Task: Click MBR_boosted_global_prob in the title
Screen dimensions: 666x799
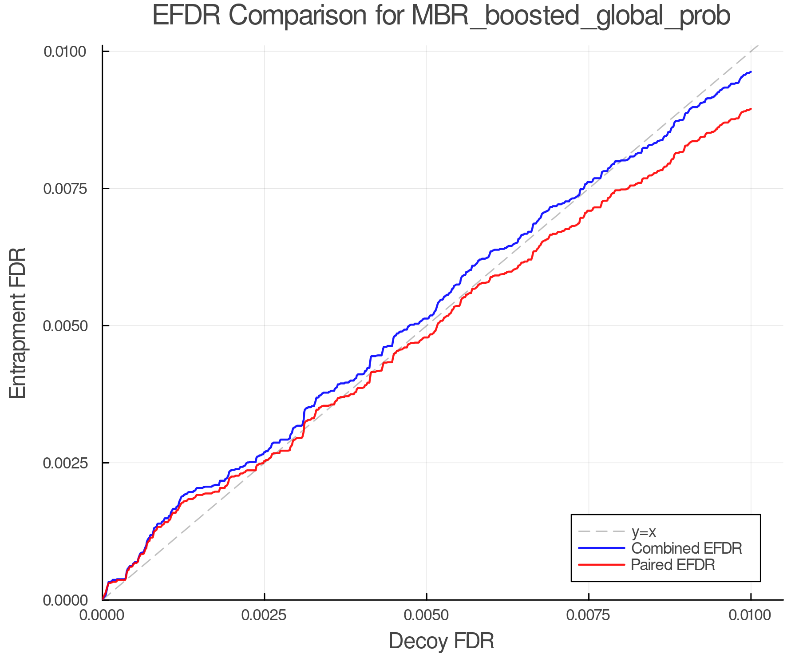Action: (x=570, y=17)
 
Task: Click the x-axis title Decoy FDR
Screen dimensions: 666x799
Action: (x=441, y=641)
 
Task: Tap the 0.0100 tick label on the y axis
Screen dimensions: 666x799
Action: (x=65, y=52)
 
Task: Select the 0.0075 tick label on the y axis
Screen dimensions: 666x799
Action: (x=65, y=189)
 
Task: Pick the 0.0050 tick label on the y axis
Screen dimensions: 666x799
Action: (x=65, y=326)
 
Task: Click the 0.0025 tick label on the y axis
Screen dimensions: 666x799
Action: (x=65, y=463)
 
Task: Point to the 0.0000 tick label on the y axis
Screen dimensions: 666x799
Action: (x=65, y=600)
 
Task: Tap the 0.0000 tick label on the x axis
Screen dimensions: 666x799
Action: (x=103, y=615)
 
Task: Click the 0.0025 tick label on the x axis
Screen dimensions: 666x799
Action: (x=265, y=615)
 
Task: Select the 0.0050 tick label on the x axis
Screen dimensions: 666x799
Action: (x=427, y=615)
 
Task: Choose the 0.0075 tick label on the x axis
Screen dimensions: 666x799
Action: (x=589, y=615)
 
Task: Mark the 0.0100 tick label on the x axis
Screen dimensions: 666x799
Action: (x=751, y=615)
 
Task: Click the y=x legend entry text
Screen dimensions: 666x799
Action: (x=643, y=531)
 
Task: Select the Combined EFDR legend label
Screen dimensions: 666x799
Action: (x=686, y=548)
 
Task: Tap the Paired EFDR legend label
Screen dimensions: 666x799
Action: (x=673, y=565)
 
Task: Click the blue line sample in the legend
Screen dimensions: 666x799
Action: (x=601, y=548)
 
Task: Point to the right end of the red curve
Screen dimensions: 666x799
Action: (x=751, y=109)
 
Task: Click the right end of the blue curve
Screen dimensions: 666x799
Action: (x=751, y=72)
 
